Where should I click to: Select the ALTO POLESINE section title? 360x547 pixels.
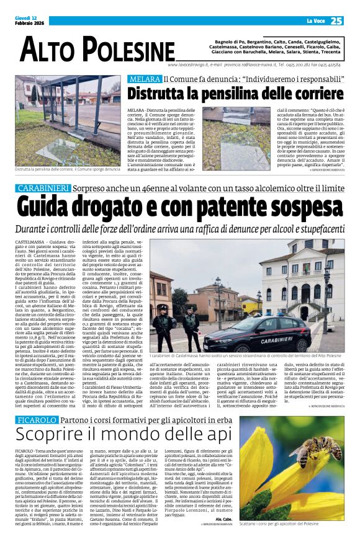pos(97,50)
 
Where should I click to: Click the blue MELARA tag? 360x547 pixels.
pos(143,79)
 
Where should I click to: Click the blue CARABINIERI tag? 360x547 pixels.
pos(43,188)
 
